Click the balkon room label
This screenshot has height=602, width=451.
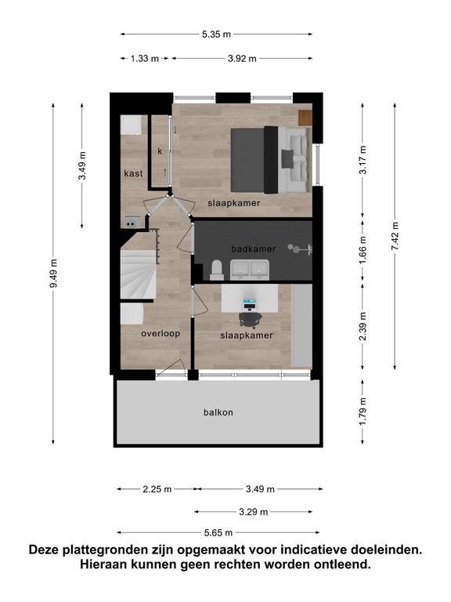point(218,412)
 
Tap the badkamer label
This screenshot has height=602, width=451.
point(254,248)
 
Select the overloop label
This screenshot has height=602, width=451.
point(161,333)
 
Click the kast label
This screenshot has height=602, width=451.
point(133,173)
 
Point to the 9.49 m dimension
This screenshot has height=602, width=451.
point(54,274)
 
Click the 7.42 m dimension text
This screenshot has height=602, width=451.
point(395,236)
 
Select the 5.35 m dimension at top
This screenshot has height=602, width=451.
point(216,34)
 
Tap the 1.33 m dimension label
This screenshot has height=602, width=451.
point(145,59)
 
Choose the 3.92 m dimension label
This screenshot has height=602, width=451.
point(242,59)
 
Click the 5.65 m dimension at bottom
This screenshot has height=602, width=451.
point(218,532)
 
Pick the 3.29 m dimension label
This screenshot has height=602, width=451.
point(254,512)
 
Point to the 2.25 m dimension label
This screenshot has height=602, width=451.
point(157,489)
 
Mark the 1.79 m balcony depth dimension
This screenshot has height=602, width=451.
point(363,412)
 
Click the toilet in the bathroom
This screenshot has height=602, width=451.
point(217,270)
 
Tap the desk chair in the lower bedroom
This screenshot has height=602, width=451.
point(251,318)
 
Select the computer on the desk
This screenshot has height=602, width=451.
point(250,303)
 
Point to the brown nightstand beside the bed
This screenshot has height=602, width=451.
point(305,118)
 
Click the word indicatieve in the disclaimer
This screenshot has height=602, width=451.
point(319,549)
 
